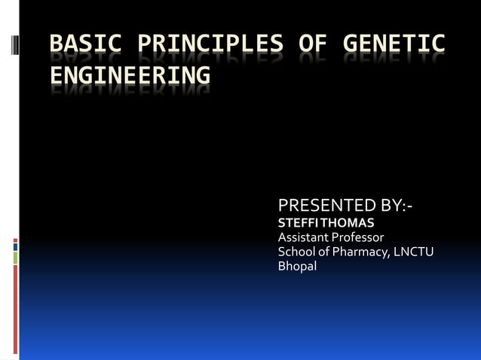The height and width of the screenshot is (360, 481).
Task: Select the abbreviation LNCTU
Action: pyautogui.click(x=413, y=252)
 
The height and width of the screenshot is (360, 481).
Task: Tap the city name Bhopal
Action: pyautogui.click(x=298, y=266)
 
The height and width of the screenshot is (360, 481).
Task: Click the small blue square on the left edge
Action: pyautogui.click(x=15, y=246)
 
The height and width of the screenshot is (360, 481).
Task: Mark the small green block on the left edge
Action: pyautogui.click(x=15, y=258)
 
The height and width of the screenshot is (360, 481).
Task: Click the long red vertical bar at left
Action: pyautogui.click(x=15, y=309)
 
